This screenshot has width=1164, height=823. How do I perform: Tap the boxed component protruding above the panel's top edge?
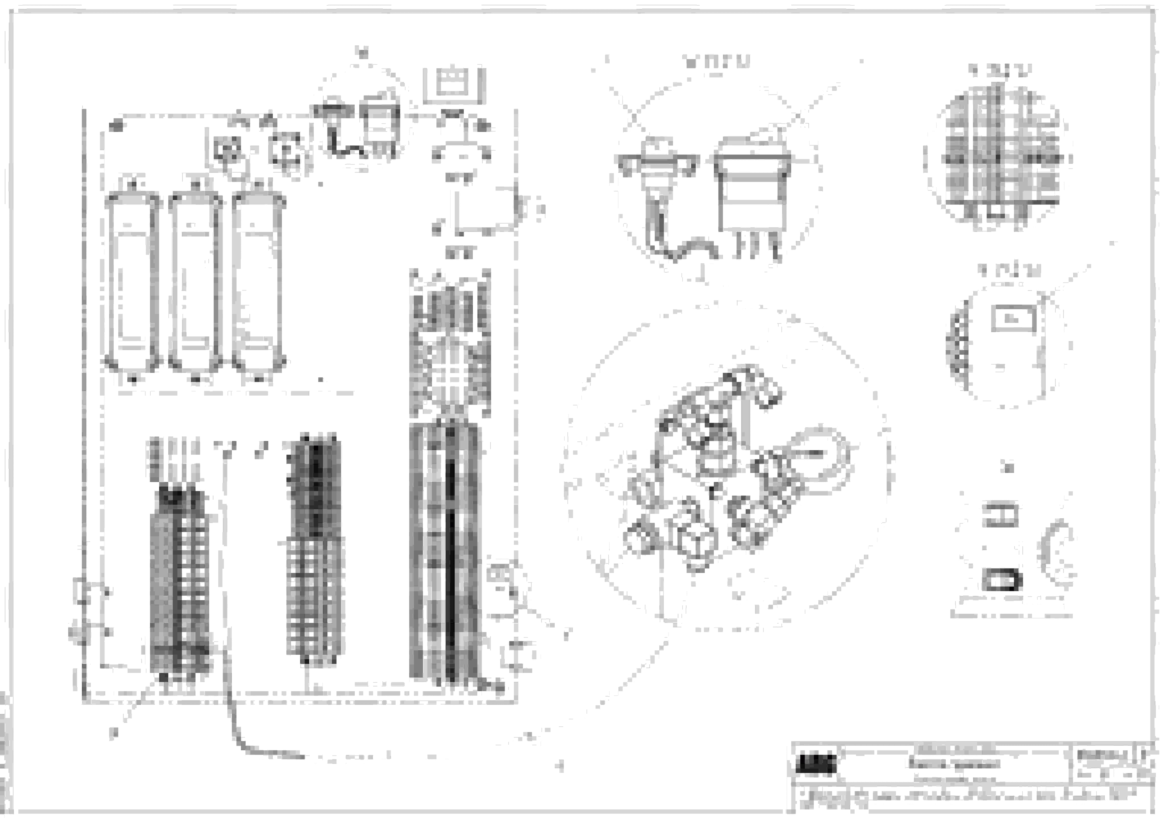coord(454,84)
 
